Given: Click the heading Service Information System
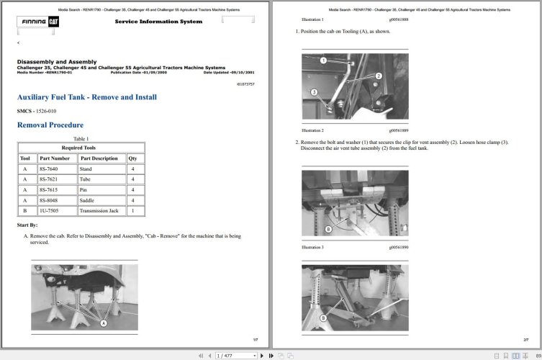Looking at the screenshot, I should point(158,22).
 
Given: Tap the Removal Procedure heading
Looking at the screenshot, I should point(50,125).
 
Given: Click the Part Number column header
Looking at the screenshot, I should point(55,158).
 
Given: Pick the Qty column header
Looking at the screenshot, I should point(132,158).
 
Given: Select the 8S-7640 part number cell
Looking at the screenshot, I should point(50,168).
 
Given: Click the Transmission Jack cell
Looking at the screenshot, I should point(99,211).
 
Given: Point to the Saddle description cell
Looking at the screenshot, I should point(90,200).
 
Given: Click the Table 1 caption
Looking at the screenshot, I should point(81,138).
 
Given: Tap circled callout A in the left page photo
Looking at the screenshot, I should point(104,324).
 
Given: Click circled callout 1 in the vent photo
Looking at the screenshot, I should point(323,60).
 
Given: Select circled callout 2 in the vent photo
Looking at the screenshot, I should point(379,76).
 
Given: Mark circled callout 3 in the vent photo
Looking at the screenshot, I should point(315,92).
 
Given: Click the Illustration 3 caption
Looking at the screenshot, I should point(312,247).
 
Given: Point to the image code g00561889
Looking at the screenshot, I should point(398,130).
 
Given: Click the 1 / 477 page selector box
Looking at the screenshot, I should point(235,356).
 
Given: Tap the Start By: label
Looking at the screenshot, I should point(27,225).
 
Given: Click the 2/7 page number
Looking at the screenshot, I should point(525,339).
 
